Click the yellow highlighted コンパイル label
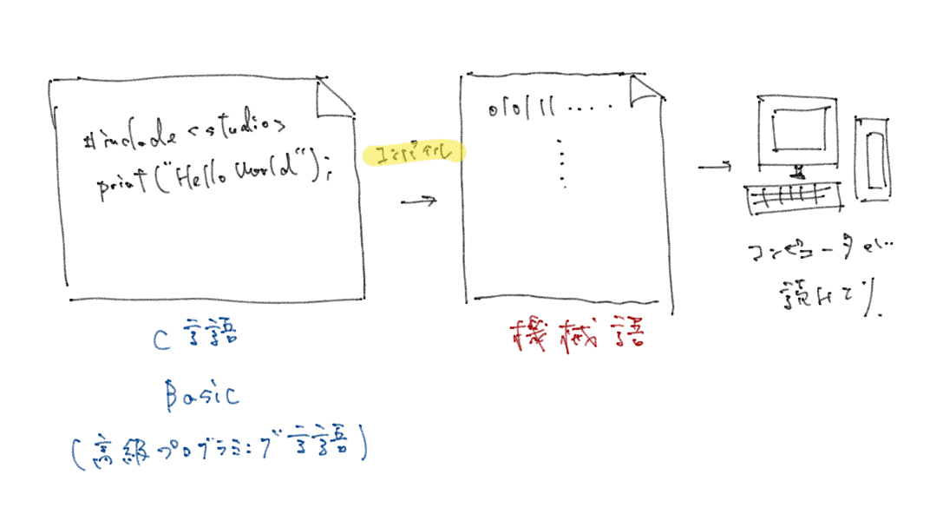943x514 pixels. [x=415, y=153]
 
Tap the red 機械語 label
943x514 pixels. [x=576, y=334]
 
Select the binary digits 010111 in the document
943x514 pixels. [x=520, y=110]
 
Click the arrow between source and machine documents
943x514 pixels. [x=418, y=202]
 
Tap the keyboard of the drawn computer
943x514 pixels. [x=793, y=199]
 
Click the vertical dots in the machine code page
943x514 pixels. [x=563, y=162]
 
